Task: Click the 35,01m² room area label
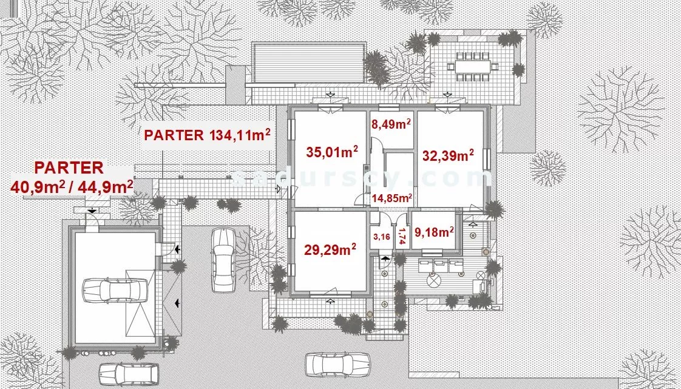pyautogui.click(x=332, y=152)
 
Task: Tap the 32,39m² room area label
pyautogui.click(x=448, y=155)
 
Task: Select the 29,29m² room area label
pyautogui.click(x=330, y=249)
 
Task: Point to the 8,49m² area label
pyautogui.click(x=391, y=124)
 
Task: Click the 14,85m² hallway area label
pyautogui.click(x=391, y=198)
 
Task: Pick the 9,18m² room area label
pyautogui.click(x=435, y=232)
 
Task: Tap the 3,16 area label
pyautogui.click(x=381, y=237)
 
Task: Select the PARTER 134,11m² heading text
pyautogui.click(x=207, y=135)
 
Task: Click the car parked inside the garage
pyautogui.click(x=115, y=291)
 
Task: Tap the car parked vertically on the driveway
pyautogui.click(x=223, y=260)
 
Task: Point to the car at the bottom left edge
pyautogui.click(x=129, y=374)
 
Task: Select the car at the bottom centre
pyautogui.click(x=337, y=364)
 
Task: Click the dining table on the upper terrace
pyautogui.click(x=473, y=67)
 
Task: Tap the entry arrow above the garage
pyautogui.click(x=92, y=211)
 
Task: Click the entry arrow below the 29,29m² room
pyautogui.click(x=331, y=300)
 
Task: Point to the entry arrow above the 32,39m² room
pyautogui.click(x=447, y=94)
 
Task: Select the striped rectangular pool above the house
pyautogui.click(x=308, y=62)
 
